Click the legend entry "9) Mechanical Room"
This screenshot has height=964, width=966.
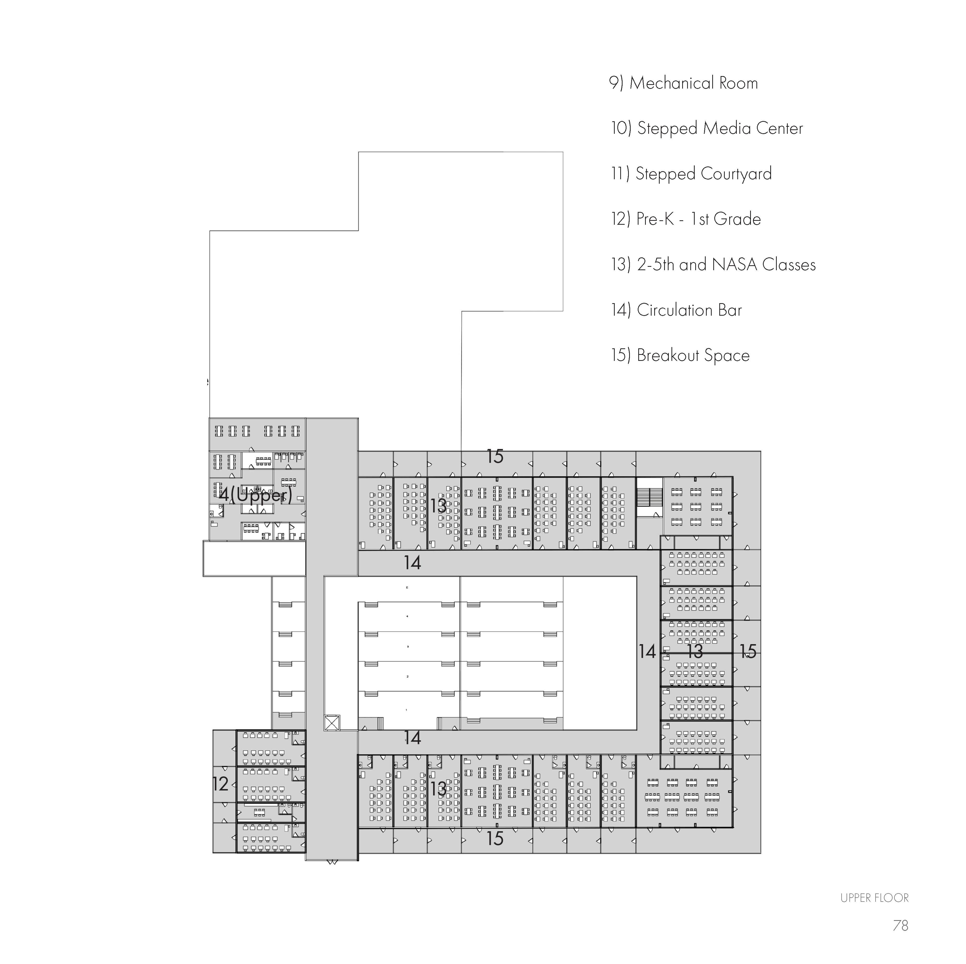pyautogui.click(x=683, y=83)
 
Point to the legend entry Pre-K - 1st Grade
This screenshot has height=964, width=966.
pyautogui.click(x=686, y=219)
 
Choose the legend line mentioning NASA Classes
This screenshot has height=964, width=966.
pyautogui.click(x=713, y=264)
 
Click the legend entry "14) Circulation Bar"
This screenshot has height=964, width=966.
pyautogui.click(x=676, y=310)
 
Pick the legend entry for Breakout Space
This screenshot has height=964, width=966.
pyautogui.click(x=680, y=355)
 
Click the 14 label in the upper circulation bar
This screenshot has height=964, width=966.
pyautogui.click(x=412, y=563)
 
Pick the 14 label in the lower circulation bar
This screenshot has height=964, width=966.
pyautogui.click(x=412, y=737)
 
